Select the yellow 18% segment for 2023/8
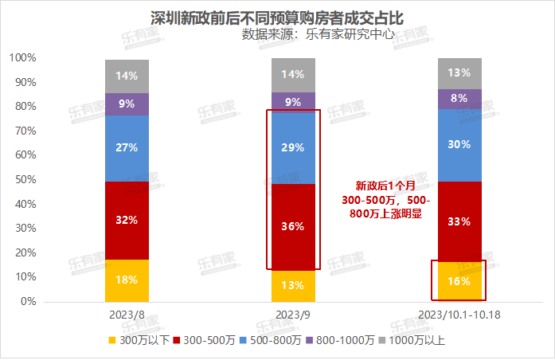(x=127, y=280)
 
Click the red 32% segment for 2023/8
(x=127, y=220)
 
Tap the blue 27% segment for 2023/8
(x=127, y=148)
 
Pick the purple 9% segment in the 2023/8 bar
(x=127, y=104)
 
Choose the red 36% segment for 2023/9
(x=293, y=226)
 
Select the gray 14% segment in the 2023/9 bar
(x=293, y=75)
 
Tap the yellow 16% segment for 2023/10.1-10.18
(x=459, y=282)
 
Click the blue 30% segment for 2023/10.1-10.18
(x=459, y=145)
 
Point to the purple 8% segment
(x=459, y=99)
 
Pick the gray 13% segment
(x=459, y=73)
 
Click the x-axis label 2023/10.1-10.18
(x=459, y=316)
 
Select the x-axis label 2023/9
(x=293, y=316)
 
